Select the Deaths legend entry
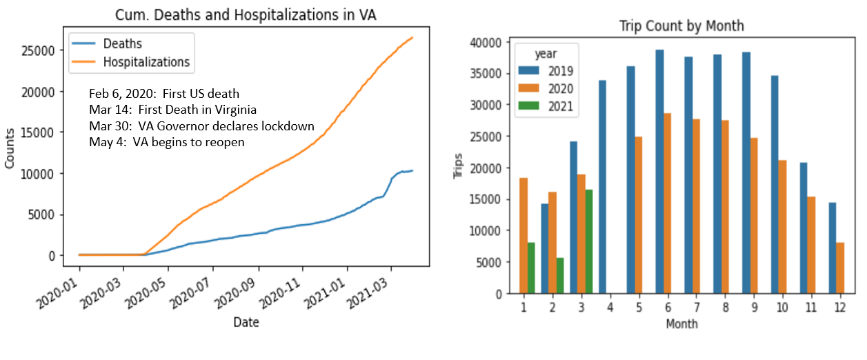pyautogui.click(x=122, y=44)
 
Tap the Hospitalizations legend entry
pyautogui.click(x=146, y=62)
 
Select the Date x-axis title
pyautogui.click(x=246, y=322)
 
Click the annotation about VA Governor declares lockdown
pyautogui.click(x=201, y=126)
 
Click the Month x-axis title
pyautogui.click(x=681, y=323)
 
